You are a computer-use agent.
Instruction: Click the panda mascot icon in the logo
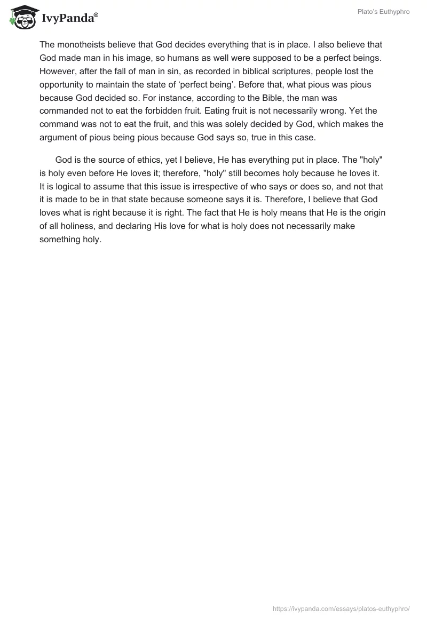click(x=21, y=18)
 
